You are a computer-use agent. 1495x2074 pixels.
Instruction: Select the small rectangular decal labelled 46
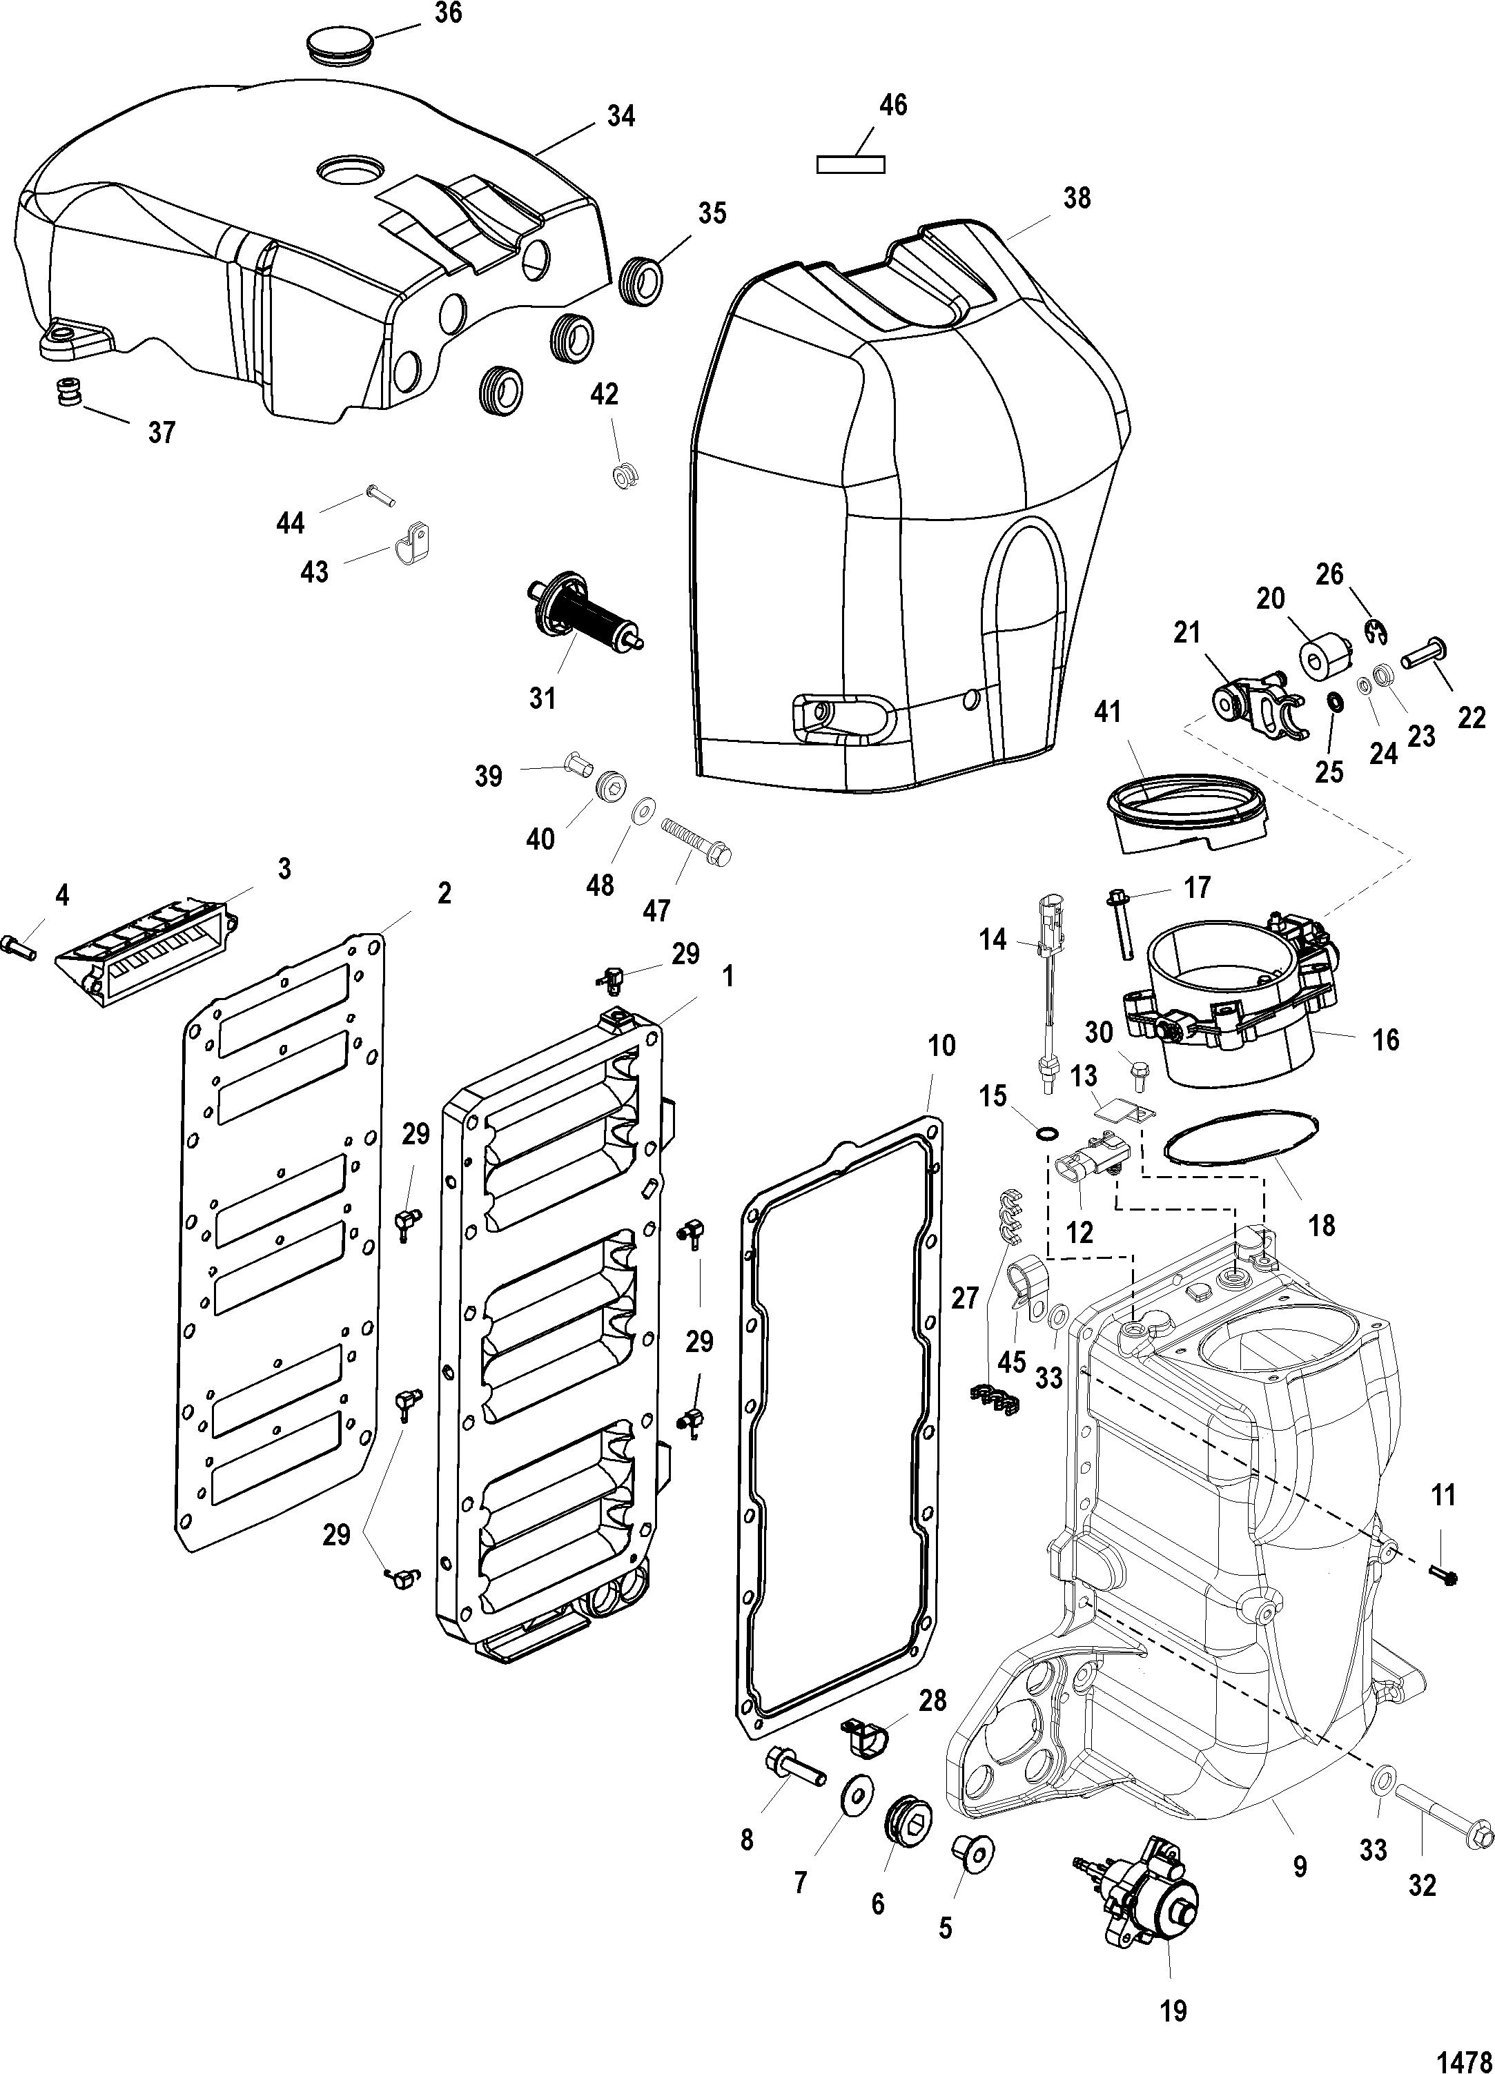(x=850, y=164)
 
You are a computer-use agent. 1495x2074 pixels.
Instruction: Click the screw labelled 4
(x=20, y=948)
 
